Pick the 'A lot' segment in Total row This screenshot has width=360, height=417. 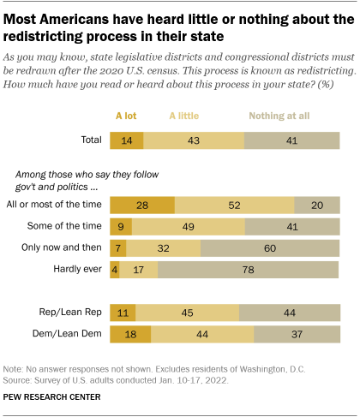(x=127, y=140)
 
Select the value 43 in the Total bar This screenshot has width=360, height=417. (x=194, y=140)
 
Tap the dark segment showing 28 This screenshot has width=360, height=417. (x=142, y=206)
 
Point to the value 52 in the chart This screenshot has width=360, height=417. (x=234, y=206)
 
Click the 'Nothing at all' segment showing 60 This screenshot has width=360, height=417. (x=270, y=248)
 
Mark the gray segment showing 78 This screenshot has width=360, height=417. (x=249, y=270)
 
